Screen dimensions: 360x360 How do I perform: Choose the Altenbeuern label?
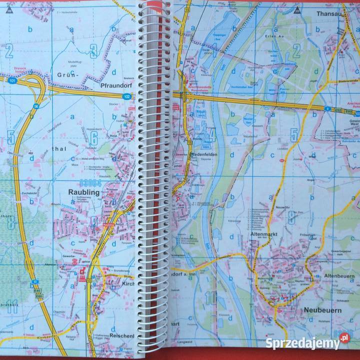point(340,276)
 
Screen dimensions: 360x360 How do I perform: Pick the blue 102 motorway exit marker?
point(127,96)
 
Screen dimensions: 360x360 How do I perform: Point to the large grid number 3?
point(93,49)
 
